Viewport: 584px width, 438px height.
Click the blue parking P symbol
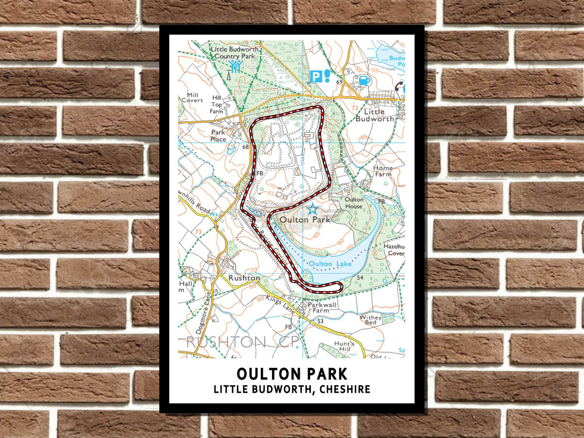pos(316,76)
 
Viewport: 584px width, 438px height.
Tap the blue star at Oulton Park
pos(312,210)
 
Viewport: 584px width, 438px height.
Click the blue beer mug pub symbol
pos(364,80)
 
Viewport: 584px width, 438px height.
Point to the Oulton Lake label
pos(330,264)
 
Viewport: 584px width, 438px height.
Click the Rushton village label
pos(244,278)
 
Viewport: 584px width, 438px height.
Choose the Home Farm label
pos(383,171)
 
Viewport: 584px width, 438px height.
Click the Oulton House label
pos(354,203)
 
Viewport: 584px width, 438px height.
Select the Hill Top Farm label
pos(217,104)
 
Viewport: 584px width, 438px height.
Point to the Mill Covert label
pos(192,97)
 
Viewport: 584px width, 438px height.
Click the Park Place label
pos(218,136)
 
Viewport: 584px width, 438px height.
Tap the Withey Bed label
pos(370,320)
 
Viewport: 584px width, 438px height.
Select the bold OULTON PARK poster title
pos(292,374)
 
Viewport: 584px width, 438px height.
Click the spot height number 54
pos(360,277)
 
